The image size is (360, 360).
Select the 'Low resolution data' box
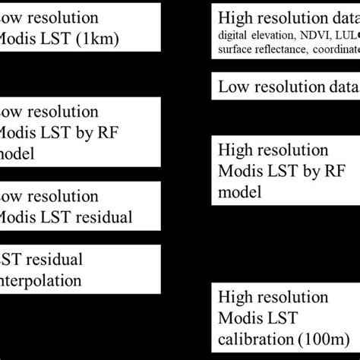[285, 88]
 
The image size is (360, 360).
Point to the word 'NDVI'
[313, 35]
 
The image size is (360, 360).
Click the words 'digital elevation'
[254, 35]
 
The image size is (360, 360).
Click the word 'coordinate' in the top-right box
[332, 49]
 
